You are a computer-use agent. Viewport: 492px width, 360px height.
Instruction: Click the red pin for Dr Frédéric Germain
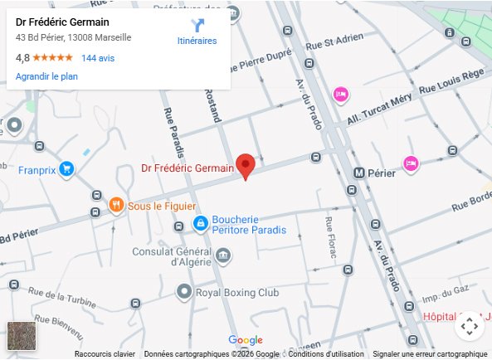(x=245, y=165)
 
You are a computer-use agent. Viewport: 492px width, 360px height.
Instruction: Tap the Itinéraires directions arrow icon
(x=197, y=26)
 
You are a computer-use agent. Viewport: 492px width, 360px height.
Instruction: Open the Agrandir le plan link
(x=46, y=75)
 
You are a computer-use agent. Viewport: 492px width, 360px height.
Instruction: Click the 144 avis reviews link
(x=98, y=58)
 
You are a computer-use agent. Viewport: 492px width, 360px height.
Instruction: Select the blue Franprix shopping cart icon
(x=67, y=169)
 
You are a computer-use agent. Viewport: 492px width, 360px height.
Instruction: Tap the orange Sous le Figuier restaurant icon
(x=117, y=205)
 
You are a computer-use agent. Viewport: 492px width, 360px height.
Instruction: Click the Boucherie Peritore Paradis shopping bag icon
(x=200, y=223)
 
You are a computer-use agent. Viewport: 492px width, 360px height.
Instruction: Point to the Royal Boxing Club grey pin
(x=184, y=291)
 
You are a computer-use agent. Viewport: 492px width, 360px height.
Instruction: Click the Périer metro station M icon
(x=358, y=173)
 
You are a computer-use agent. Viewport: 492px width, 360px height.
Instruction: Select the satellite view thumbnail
(x=22, y=337)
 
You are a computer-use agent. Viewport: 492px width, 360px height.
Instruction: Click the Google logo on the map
(x=245, y=340)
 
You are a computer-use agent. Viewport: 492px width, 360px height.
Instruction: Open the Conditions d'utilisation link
(x=326, y=354)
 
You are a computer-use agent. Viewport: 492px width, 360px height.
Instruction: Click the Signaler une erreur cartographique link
(x=430, y=354)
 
